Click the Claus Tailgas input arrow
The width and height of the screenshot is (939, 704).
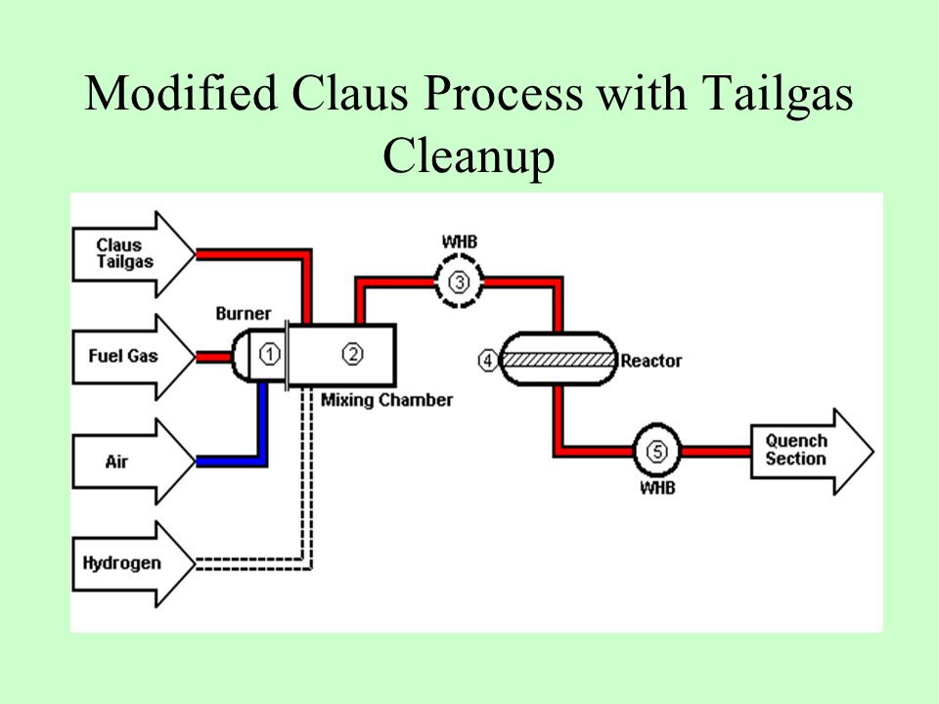pyautogui.click(x=133, y=254)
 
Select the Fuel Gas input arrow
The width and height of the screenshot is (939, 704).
pyautogui.click(x=133, y=358)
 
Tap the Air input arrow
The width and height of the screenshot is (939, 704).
pyautogui.click(x=133, y=461)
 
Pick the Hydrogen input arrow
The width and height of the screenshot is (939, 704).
pyautogui.click(x=133, y=564)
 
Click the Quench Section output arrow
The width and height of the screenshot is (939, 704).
pyautogui.click(x=812, y=452)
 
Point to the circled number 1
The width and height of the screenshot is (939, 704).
pyautogui.click(x=270, y=354)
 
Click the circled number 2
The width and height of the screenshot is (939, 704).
pyautogui.click(x=353, y=354)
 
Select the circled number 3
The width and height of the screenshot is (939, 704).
pyautogui.click(x=459, y=282)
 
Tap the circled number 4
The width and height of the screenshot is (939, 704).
pyautogui.click(x=487, y=361)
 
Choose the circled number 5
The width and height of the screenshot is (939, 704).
pyautogui.click(x=657, y=451)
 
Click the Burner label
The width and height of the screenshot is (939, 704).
pyautogui.click(x=244, y=314)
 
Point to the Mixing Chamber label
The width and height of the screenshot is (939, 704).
pyautogui.click(x=387, y=400)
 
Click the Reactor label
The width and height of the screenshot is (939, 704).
pyautogui.click(x=651, y=361)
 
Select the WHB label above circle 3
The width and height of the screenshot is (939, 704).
pyautogui.click(x=460, y=242)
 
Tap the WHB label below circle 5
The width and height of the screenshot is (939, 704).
pyautogui.click(x=657, y=488)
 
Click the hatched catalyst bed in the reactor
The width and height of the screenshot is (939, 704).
pyautogui.click(x=559, y=360)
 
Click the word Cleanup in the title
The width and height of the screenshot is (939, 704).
pyautogui.click(x=469, y=156)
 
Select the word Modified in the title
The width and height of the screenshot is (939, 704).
pyautogui.click(x=181, y=94)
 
